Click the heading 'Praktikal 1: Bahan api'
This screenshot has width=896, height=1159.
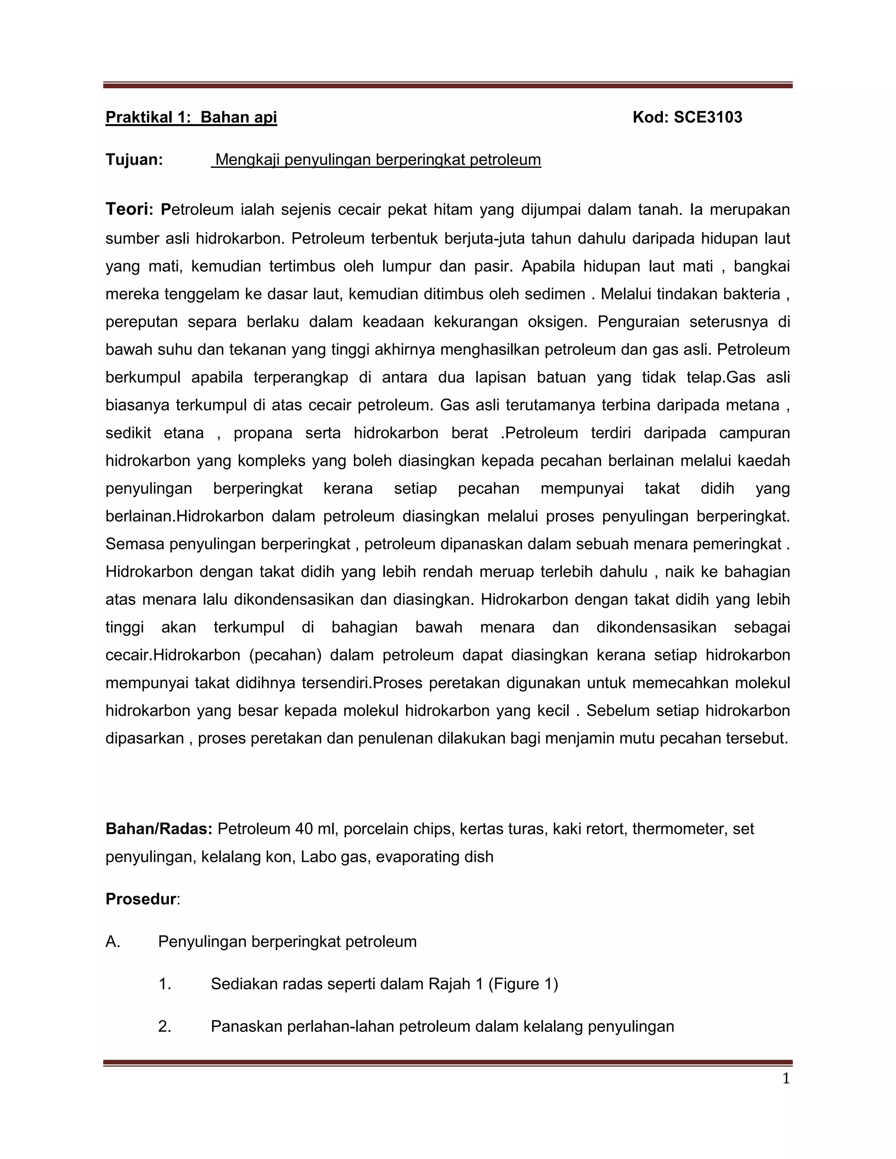click(191, 117)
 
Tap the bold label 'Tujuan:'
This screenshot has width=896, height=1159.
click(134, 160)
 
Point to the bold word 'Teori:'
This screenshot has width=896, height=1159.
click(129, 209)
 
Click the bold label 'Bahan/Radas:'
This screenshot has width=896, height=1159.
click(159, 829)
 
